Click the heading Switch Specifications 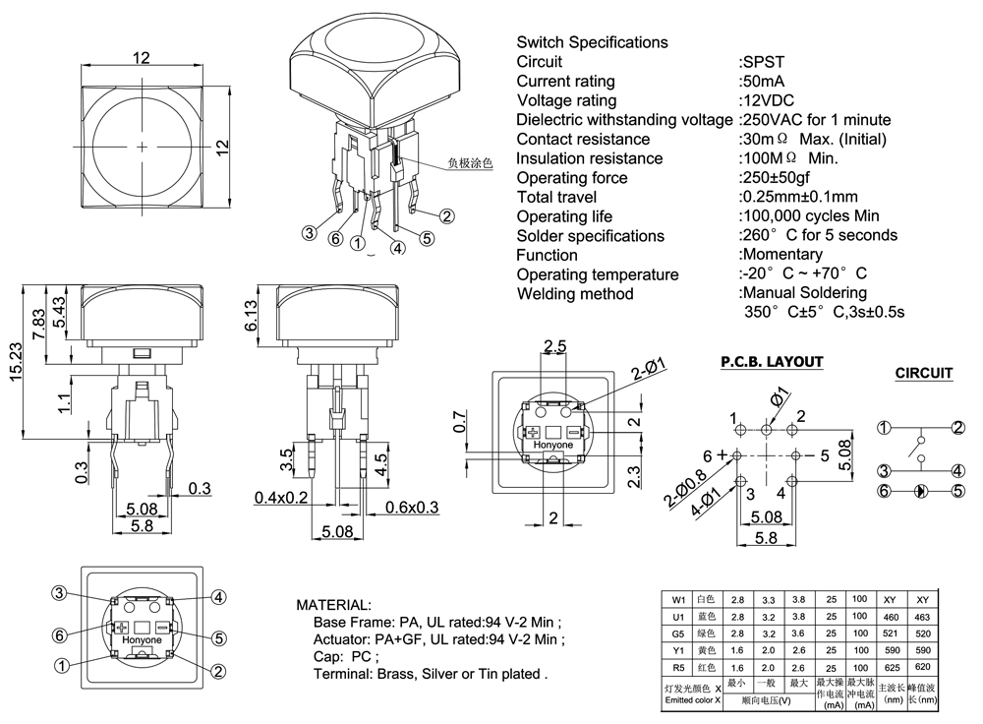click(592, 42)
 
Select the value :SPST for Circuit click(762, 62)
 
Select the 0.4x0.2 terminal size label click(281, 497)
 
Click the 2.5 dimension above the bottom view click(554, 346)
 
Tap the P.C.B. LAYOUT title click(771, 361)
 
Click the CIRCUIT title click(923, 373)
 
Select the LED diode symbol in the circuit click(921, 490)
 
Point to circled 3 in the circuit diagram click(884, 470)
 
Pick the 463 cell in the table click(921, 617)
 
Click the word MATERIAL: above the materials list click(333, 604)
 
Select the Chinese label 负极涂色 click(469, 163)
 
